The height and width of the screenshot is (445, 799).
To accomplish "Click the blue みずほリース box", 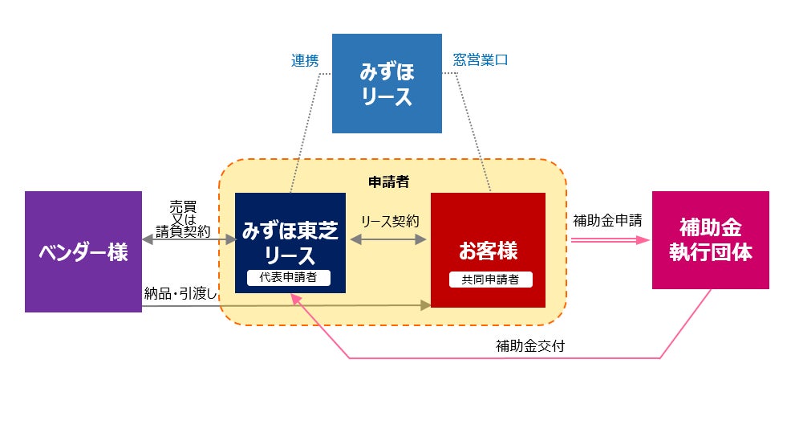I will pos(387,84).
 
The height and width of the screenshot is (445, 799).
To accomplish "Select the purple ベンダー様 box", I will pos(83,251).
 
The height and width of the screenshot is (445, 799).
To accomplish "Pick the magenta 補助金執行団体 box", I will pos(710,239).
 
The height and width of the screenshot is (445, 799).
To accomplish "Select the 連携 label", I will pos(305,60).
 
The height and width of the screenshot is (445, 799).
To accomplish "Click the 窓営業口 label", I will pos(481,60).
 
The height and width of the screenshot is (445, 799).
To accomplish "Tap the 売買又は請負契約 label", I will pos(183,218).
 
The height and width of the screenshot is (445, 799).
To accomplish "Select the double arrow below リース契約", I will pos(388,239).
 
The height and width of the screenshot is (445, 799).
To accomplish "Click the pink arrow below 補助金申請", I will pos(610,239).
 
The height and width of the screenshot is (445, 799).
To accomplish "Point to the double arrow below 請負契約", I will pos(189,239).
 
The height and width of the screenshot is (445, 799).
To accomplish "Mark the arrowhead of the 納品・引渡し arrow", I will pos(425,305).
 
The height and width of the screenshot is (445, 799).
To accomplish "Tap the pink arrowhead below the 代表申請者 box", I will pos(295,298).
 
